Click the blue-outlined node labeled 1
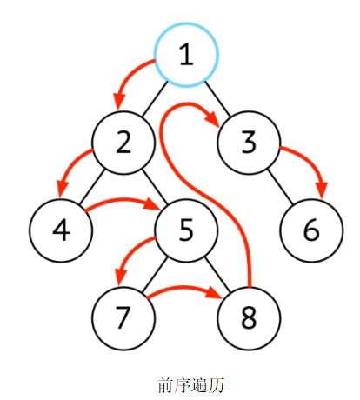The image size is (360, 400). pyautogui.click(x=186, y=55)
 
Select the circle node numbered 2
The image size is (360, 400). pyautogui.click(x=123, y=143)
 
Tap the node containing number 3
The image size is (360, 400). pyautogui.click(x=249, y=143)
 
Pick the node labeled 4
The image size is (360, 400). pyautogui.click(x=61, y=230)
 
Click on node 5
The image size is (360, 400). pyautogui.click(x=186, y=230)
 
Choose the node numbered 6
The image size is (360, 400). pyautogui.click(x=311, y=230)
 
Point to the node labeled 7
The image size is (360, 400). pyautogui.click(x=123, y=318)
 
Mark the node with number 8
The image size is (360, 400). pyautogui.click(x=249, y=318)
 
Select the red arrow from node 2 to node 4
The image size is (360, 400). pyautogui.click(x=69, y=166)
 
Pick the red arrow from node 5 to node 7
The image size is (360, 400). pyautogui.click(x=129, y=253)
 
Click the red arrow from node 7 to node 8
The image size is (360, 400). pyautogui.click(x=183, y=288)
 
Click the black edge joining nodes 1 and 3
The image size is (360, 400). pyautogui.click(x=217, y=99)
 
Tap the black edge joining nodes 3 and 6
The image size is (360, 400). pyautogui.click(x=280, y=186)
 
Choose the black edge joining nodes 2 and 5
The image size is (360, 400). pyautogui.click(x=155, y=186)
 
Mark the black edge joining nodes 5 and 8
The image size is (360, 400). pyautogui.click(x=217, y=275)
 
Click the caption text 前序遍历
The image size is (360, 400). pyautogui.click(x=191, y=385)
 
